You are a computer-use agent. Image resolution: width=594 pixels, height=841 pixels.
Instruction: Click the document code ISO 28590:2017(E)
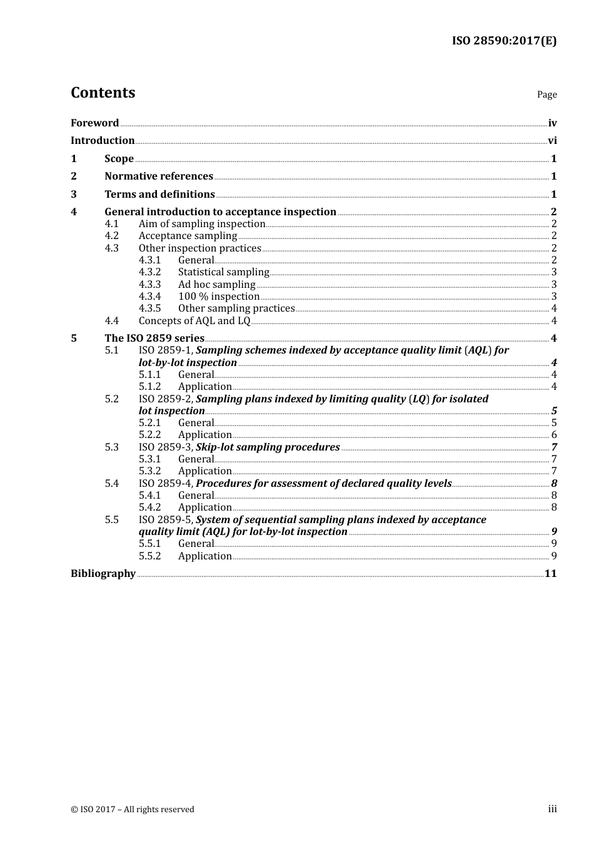504,41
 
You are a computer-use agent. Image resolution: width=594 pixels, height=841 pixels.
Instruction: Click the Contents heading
103,93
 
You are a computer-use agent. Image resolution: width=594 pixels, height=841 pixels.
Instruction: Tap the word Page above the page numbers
546,94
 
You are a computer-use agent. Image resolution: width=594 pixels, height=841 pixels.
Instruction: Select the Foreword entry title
94,123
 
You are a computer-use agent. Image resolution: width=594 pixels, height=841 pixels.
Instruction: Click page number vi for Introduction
552,141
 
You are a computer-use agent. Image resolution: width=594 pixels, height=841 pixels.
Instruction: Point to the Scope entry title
119,159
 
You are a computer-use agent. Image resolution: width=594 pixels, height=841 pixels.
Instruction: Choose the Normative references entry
159,176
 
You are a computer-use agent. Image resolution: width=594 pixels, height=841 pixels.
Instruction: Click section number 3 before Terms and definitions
74,195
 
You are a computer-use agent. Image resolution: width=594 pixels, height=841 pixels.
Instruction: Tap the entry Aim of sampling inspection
202,224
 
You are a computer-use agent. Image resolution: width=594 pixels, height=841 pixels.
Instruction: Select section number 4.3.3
149,285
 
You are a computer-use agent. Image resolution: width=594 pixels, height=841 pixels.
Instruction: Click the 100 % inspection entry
219,297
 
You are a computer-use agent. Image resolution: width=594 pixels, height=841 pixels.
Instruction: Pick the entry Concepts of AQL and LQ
194,321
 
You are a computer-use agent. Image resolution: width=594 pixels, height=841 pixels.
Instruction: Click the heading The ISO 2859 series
154,339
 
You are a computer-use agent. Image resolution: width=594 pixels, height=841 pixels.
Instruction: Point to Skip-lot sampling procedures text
268,447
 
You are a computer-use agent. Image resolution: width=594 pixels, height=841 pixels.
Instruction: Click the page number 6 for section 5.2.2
554,435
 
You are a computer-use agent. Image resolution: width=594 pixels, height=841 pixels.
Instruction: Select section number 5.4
111,484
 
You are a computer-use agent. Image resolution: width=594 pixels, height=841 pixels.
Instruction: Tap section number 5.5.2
149,556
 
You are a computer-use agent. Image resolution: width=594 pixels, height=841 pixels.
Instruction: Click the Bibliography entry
103,574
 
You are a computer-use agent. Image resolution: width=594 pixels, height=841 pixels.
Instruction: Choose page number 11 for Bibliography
550,574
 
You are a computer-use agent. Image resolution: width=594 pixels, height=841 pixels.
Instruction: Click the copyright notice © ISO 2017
133,810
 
